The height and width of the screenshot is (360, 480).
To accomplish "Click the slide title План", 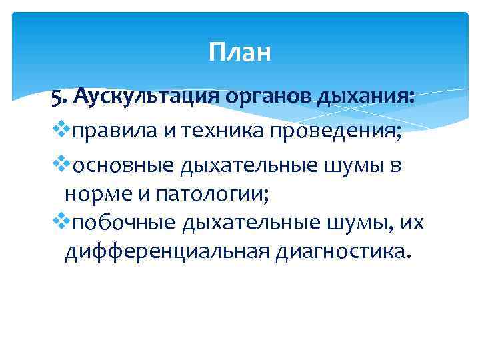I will tap(239, 52).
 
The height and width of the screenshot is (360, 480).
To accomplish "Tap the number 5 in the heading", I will tap(56, 98).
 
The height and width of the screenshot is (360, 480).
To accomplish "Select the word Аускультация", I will tap(144, 97).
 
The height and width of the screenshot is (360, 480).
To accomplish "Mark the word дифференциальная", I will tap(164, 252).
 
